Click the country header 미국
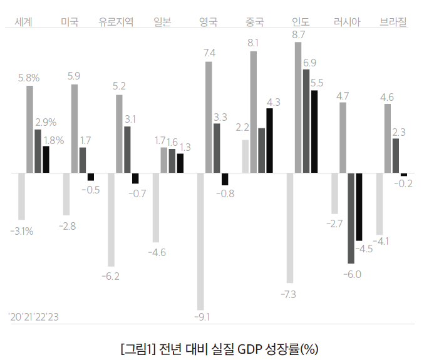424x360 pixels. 70,23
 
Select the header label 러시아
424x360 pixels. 347,23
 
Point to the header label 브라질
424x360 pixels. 393,23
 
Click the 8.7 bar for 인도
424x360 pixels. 298,107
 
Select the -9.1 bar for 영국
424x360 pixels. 200,241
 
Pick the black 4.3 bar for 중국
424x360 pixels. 269,140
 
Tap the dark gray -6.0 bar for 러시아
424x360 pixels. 351,218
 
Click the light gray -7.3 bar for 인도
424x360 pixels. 289,228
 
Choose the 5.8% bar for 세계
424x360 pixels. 29,129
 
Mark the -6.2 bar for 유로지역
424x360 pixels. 111,220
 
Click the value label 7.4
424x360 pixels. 210,53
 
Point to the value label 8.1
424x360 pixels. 254,43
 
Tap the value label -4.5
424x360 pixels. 364,249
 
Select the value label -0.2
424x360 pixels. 405,183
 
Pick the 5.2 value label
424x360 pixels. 119,86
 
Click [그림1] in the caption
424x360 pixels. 137,347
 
